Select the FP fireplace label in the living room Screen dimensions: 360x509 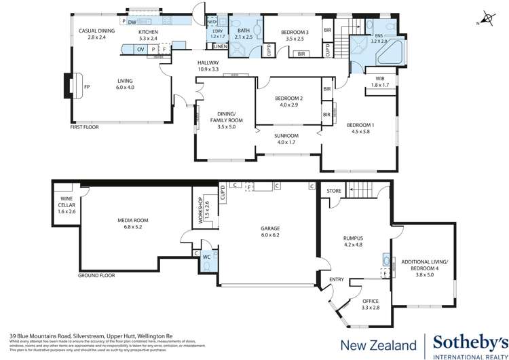pos(86,87)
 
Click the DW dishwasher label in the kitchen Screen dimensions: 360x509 pos(132,22)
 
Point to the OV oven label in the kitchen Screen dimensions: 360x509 pos(140,50)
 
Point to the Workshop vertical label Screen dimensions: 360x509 pos(200,212)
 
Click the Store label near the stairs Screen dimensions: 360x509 pos(334,192)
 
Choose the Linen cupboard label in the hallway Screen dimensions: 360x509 pos(221,46)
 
